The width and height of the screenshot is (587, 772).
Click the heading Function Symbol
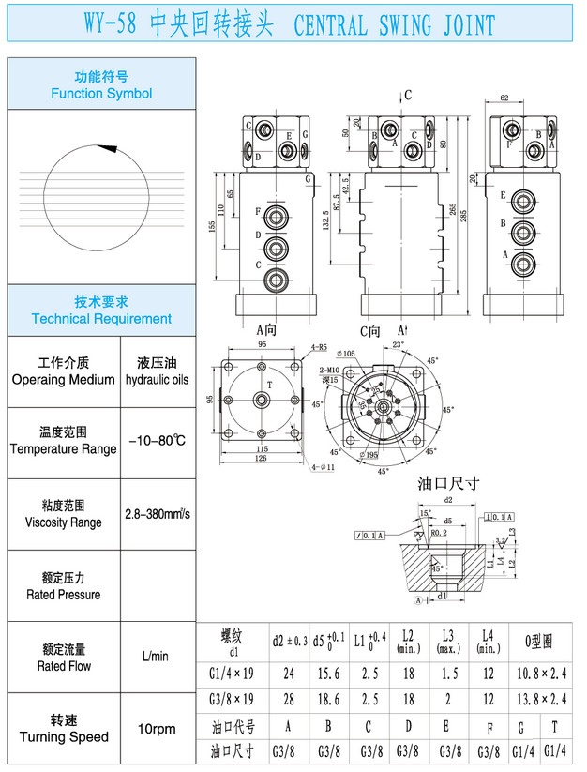pos(101,94)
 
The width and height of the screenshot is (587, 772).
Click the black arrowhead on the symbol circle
pos(108,147)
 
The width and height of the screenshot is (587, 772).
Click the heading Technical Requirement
pos(101,319)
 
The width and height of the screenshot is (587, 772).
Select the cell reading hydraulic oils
pos(157,380)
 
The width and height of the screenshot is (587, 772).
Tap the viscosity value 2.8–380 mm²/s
pos(158,514)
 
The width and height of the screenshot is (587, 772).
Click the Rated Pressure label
pos(64,594)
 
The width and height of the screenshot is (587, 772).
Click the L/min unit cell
pos(156,657)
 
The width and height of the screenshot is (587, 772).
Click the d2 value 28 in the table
pos(287,700)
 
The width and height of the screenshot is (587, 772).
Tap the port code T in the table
pos(555,726)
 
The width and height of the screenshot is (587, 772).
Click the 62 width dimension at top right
pos(504,98)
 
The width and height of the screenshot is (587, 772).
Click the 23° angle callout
pos(398,345)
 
